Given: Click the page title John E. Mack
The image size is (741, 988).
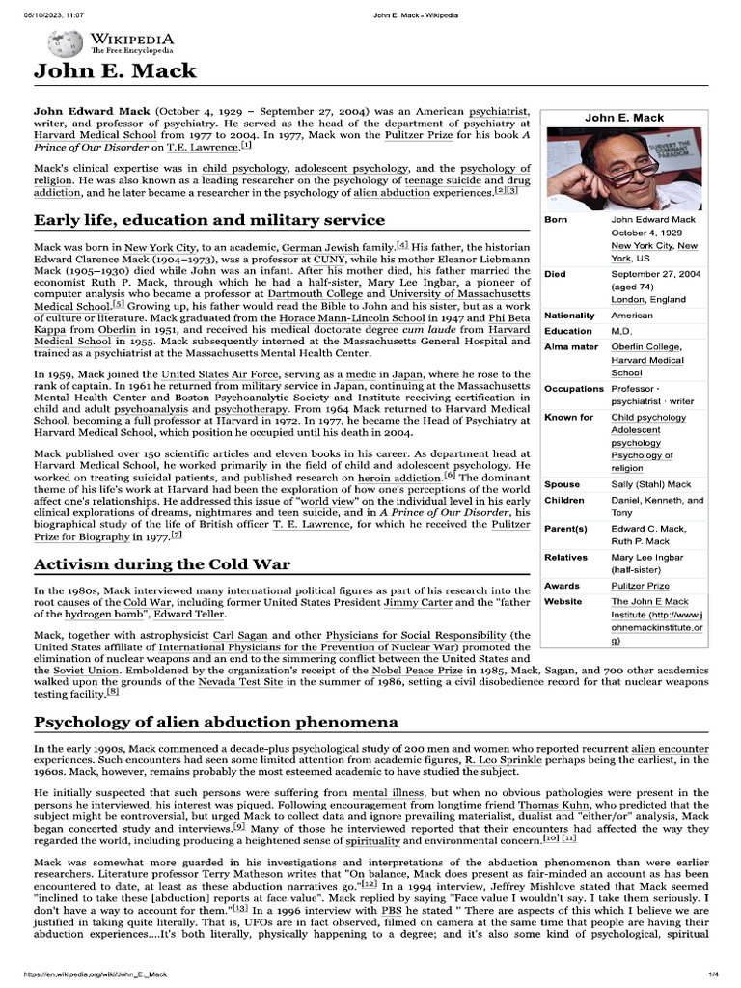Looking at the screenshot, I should [x=115, y=70].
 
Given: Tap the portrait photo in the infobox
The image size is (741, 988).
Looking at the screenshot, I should [x=624, y=165].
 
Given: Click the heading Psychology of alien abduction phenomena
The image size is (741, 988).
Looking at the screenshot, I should [x=215, y=722].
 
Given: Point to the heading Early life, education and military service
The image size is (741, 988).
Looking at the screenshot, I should [x=209, y=221].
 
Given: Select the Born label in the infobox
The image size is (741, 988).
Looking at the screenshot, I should [x=556, y=220].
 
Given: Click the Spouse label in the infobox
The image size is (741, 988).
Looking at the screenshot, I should [x=563, y=484].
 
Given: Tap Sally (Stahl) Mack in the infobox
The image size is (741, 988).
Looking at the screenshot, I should [x=650, y=484].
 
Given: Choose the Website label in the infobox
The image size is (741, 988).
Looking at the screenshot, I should [x=563, y=601].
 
